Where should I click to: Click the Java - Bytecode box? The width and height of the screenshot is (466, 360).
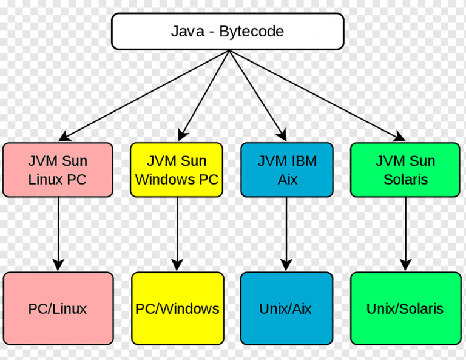click(228, 31)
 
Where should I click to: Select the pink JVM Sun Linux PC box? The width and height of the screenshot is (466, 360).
click(58, 170)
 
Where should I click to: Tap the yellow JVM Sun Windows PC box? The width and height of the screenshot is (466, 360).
click(177, 170)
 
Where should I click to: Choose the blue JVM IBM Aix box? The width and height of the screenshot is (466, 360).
click(286, 170)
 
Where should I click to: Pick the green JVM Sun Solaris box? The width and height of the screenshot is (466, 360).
click(405, 170)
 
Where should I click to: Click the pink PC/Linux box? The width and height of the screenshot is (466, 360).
click(58, 308)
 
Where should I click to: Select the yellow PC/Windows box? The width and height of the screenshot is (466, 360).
click(177, 308)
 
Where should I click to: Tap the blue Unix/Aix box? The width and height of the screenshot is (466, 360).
click(286, 308)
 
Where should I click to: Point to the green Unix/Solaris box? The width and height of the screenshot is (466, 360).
click(405, 308)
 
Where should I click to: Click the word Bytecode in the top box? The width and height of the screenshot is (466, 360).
click(251, 31)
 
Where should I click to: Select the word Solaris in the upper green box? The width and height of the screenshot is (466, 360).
click(405, 180)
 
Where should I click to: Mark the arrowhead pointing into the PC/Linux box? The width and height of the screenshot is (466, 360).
click(58, 265)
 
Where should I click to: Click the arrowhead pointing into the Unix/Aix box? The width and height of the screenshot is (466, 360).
click(286, 265)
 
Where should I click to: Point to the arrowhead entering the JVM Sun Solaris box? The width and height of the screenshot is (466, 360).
click(399, 137)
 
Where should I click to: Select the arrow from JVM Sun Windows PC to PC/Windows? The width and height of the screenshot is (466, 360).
click(177, 231)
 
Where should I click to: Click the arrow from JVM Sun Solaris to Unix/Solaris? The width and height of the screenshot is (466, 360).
click(405, 231)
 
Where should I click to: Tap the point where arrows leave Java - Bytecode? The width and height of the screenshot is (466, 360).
click(229, 51)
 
